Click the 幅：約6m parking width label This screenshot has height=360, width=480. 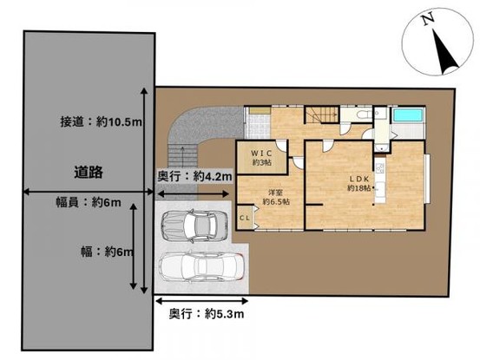pos(102,252)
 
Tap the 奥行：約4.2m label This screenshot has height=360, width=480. pos(195,176)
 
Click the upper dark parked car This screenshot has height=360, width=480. pos(196,226)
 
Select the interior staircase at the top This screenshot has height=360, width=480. pos(321,118)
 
